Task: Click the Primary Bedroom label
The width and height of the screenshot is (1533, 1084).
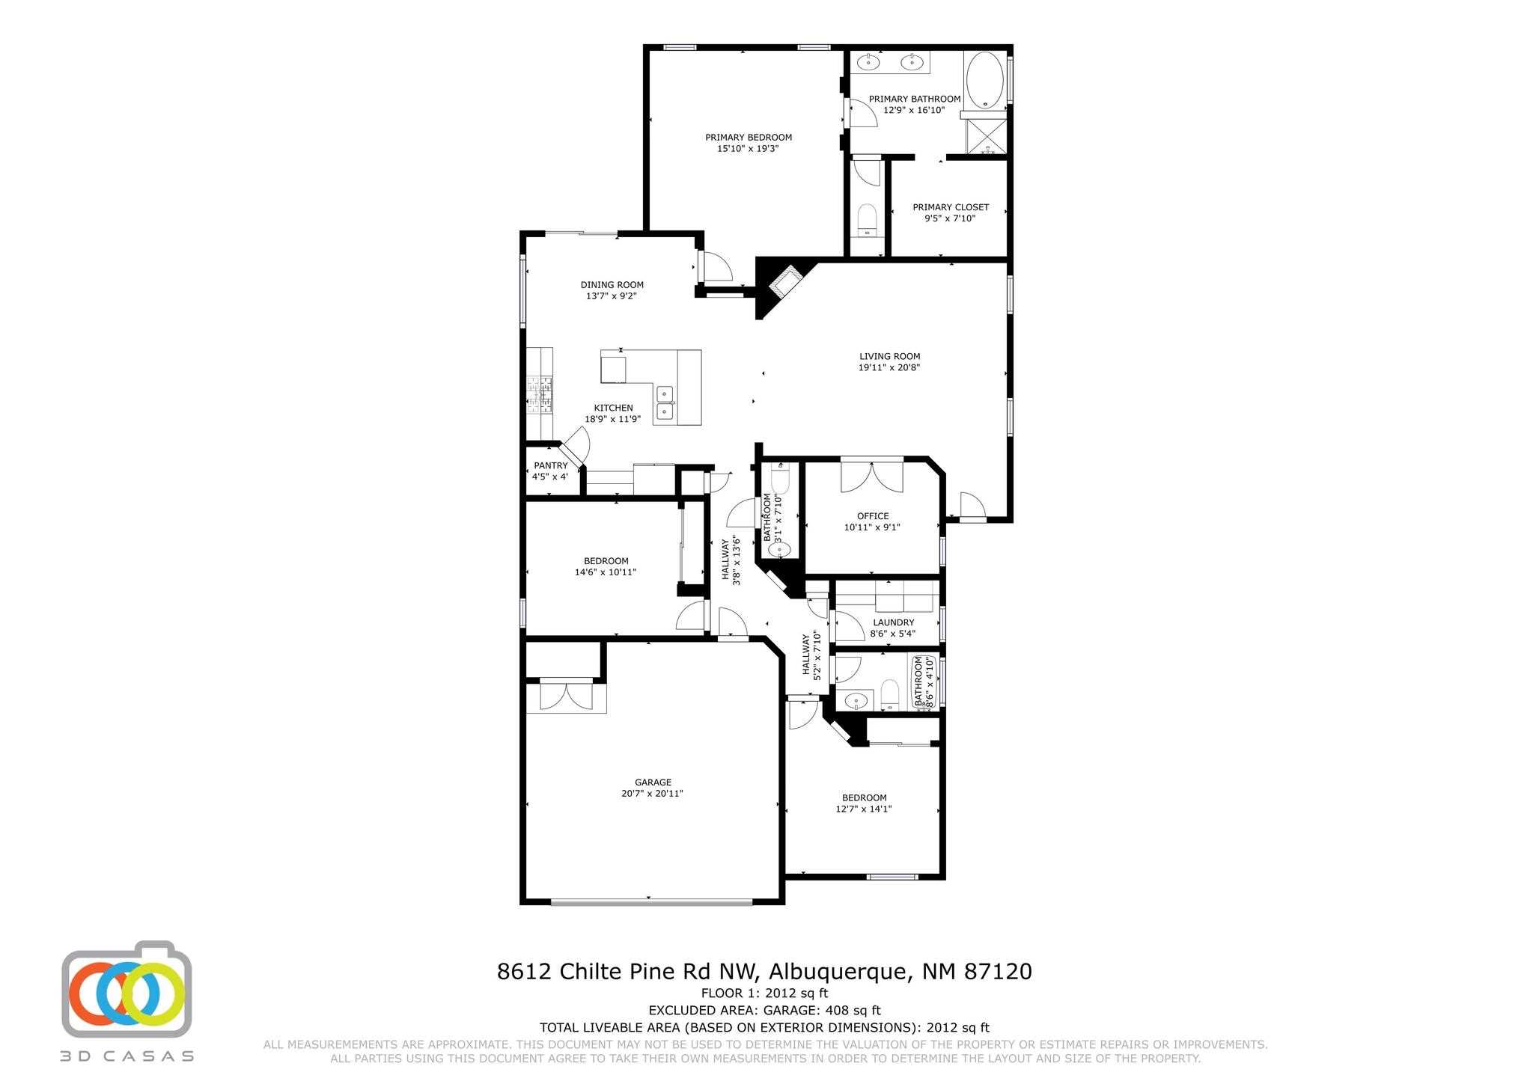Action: (749, 137)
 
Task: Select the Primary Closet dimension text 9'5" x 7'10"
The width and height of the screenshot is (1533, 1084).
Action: (950, 218)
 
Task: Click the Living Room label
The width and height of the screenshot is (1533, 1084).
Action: (889, 356)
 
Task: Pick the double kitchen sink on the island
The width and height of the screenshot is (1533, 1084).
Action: (665, 402)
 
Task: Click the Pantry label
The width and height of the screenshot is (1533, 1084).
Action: (550, 465)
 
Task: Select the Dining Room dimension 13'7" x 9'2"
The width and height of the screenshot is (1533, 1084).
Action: (612, 296)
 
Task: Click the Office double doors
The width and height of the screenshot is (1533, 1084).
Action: (872, 477)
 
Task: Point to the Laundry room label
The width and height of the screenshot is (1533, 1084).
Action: (893, 622)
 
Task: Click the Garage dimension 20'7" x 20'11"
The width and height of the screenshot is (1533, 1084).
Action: (652, 794)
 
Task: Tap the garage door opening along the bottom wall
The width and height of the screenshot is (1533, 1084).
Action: (651, 902)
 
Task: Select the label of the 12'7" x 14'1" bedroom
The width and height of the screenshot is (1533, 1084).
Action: (864, 797)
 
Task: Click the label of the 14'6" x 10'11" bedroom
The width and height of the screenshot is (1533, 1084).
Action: (606, 561)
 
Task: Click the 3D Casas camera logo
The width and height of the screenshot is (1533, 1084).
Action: (127, 988)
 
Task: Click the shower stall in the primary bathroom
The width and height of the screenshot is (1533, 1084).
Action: (987, 137)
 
